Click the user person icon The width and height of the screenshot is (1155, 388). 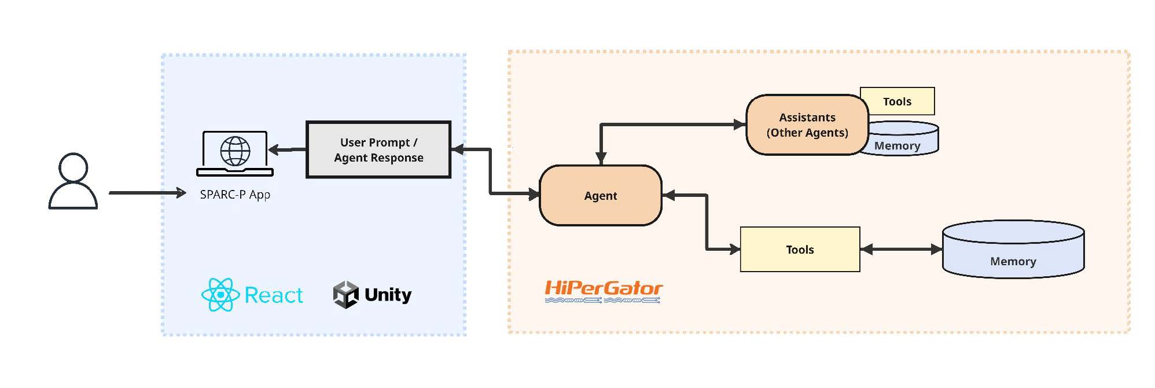pyautogui.click(x=73, y=181)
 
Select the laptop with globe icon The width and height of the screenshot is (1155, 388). pyautogui.click(x=235, y=153)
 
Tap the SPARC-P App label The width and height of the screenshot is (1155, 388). pyautogui.click(x=235, y=195)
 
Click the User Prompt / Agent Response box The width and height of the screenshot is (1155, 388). pyautogui.click(x=378, y=150)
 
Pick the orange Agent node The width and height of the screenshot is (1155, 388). pyautogui.click(x=600, y=196)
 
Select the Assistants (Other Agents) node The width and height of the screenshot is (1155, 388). pyautogui.click(x=807, y=125)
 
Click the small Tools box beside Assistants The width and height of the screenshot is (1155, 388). pyautogui.click(x=897, y=101)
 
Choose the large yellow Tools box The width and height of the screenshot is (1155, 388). pyautogui.click(x=800, y=250)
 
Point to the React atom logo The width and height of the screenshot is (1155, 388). pyautogui.click(x=220, y=295)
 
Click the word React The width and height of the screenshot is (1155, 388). pyautogui.click(x=274, y=295)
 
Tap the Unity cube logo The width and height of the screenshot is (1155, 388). pyautogui.click(x=346, y=295)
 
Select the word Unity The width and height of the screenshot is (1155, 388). pyautogui.click(x=388, y=295)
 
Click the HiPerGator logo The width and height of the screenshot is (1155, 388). pyautogui.click(x=603, y=291)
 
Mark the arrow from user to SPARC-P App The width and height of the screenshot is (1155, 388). pyautogui.click(x=147, y=193)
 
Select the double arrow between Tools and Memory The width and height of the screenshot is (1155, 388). pyautogui.click(x=901, y=250)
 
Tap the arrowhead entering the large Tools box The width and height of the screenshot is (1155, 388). pyautogui.click(x=734, y=250)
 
